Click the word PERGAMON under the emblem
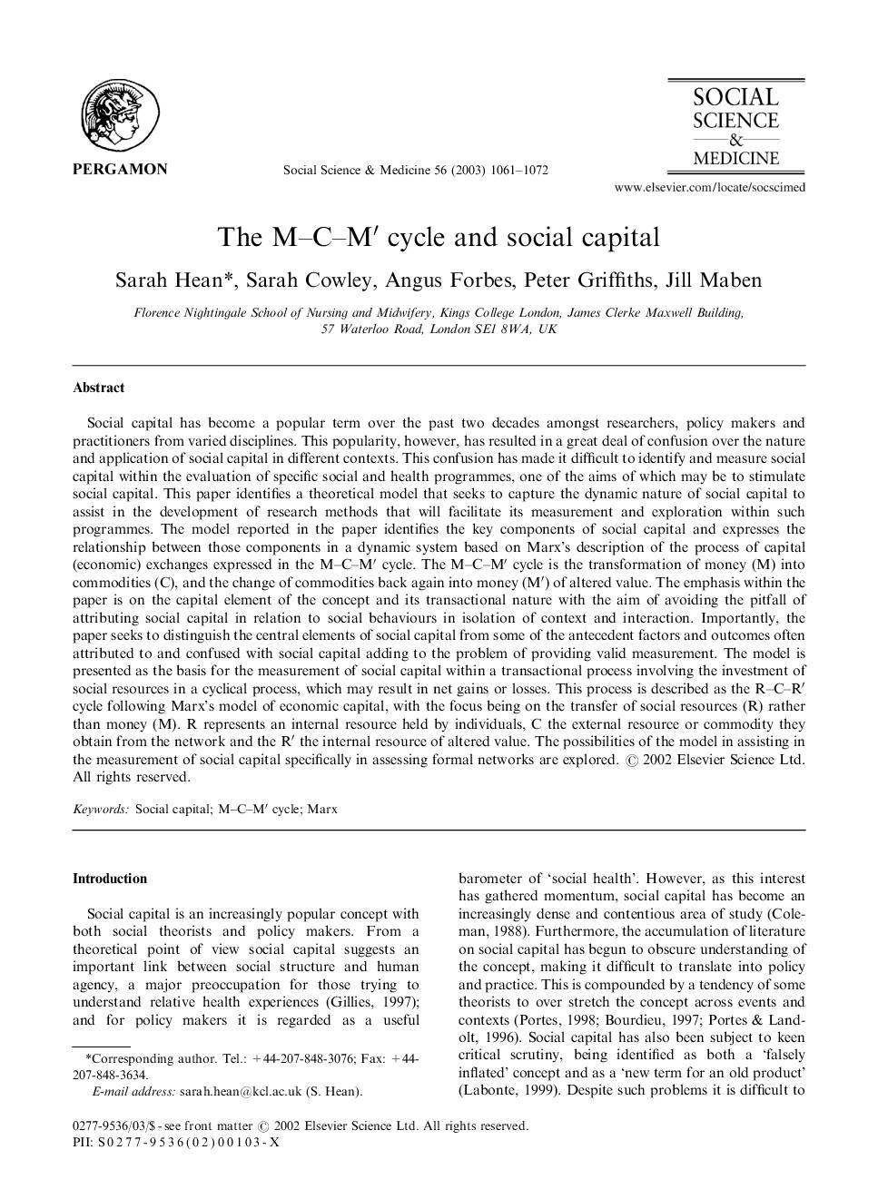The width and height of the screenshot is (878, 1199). pyautogui.click(x=120, y=169)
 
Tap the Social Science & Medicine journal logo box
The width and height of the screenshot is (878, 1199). pyautogui.click(x=735, y=125)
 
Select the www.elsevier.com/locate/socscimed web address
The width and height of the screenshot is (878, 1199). pyautogui.click(x=709, y=188)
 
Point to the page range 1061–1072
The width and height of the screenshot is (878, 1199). pyautogui.click(x=520, y=170)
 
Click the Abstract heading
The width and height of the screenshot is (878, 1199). pyautogui.click(x=98, y=388)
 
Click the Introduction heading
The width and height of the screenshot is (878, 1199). pyautogui.click(x=109, y=879)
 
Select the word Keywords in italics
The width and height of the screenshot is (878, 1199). pyautogui.click(x=101, y=809)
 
